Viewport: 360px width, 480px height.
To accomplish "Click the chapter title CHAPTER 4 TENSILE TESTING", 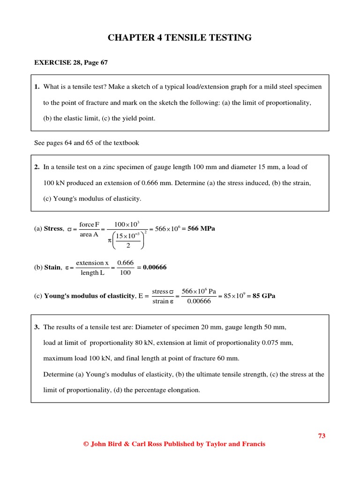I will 180,38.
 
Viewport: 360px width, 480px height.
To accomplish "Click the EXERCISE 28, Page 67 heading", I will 71,62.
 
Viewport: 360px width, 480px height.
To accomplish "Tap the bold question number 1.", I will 37,87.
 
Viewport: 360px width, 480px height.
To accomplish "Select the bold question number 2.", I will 37,167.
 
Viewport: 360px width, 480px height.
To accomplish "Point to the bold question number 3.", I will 37,327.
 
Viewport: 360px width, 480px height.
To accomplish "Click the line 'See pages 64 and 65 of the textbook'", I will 87,142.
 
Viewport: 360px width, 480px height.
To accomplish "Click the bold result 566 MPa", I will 201,229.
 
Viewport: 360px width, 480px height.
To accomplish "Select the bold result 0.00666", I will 155,267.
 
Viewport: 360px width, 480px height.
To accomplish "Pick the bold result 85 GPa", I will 264,296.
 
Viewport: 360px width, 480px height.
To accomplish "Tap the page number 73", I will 322,435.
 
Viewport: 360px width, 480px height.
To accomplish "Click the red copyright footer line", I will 174,444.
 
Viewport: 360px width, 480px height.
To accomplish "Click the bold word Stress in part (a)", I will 53,229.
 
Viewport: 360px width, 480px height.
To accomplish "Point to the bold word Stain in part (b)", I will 52,267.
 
